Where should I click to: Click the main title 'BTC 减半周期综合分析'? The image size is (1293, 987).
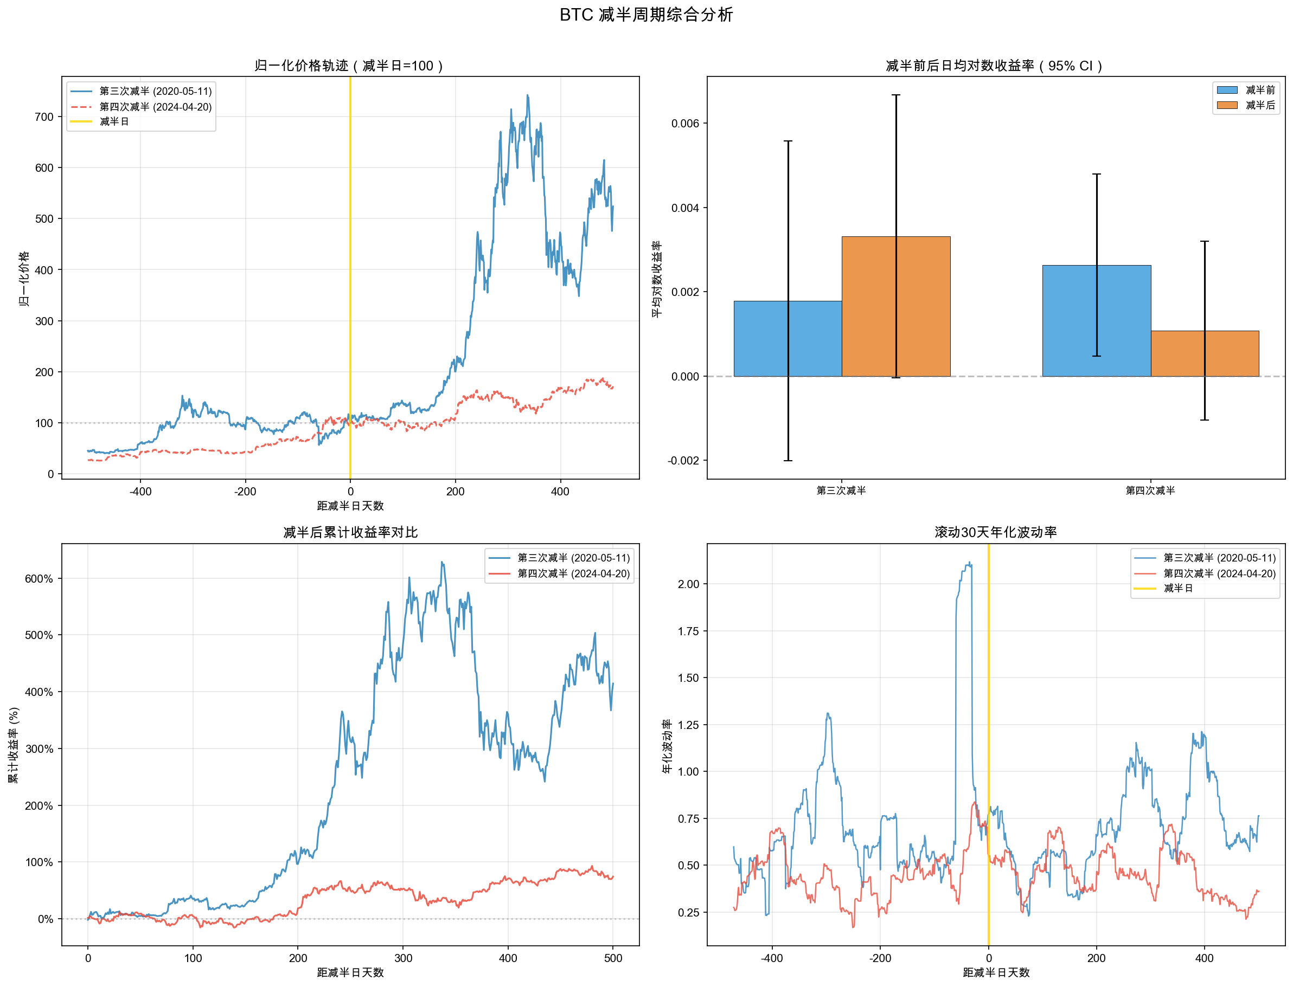click(646, 15)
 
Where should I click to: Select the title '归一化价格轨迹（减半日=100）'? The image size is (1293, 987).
click(350, 66)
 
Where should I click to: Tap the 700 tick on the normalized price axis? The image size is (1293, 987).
click(44, 117)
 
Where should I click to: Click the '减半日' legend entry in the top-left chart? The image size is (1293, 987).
click(114, 121)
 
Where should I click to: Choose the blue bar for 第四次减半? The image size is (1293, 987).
click(1096, 321)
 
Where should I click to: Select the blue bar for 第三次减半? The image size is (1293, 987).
click(788, 338)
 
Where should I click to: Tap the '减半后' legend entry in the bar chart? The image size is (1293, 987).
click(1260, 105)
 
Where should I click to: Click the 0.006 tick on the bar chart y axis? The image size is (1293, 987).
click(686, 124)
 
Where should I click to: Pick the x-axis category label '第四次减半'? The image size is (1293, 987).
click(1150, 491)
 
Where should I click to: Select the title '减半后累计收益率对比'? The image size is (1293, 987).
click(350, 532)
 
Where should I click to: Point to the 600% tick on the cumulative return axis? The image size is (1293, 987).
click(39, 579)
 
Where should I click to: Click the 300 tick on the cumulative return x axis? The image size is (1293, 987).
click(403, 958)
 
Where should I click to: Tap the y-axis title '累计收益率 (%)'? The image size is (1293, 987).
click(14, 745)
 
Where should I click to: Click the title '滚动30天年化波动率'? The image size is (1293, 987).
click(996, 532)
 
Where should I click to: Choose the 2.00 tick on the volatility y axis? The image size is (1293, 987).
click(688, 584)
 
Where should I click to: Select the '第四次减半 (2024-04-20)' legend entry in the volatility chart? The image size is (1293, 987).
click(1219, 573)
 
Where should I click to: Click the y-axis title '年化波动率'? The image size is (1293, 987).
click(667, 746)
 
